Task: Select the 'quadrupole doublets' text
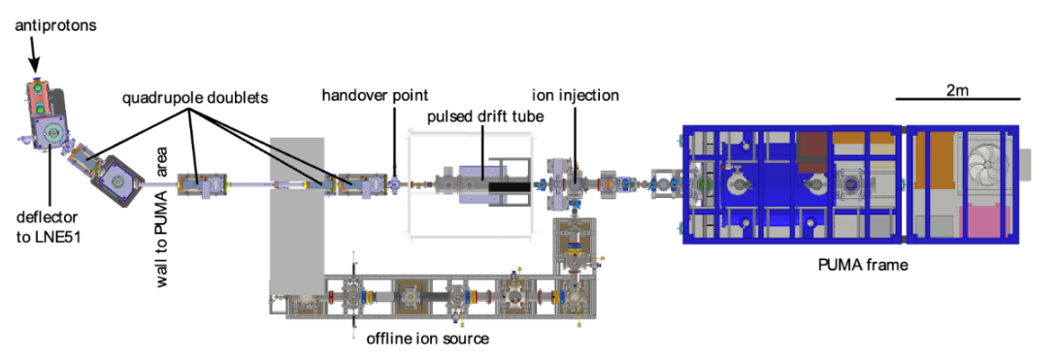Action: tap(195, 98)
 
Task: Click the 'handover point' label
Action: tap(376, 94)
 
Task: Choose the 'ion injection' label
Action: tap(575, 95)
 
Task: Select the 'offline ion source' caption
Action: tap(428, 338)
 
